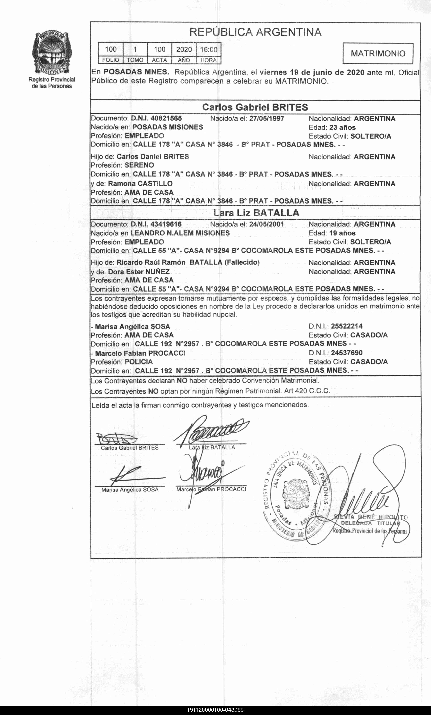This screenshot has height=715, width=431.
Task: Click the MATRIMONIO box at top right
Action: coord(378,53)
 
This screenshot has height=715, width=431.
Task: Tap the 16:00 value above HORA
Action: coord(208,49)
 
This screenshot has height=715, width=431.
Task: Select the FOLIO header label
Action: coord(110,60)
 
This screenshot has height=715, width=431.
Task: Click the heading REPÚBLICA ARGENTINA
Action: coord(255,32)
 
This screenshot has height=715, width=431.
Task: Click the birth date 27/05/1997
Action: coord(266,118)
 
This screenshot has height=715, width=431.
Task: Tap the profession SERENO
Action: coord(139,165)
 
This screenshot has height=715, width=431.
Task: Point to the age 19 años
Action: coord(342,233)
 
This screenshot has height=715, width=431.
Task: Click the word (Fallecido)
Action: coord(242,262)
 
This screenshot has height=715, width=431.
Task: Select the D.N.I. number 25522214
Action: coord(347,326)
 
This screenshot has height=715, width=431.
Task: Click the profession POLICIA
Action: coord(139,362)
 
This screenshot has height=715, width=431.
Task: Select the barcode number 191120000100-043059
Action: coord(215,710)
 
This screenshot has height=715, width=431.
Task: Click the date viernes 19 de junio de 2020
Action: coord(312,72)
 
